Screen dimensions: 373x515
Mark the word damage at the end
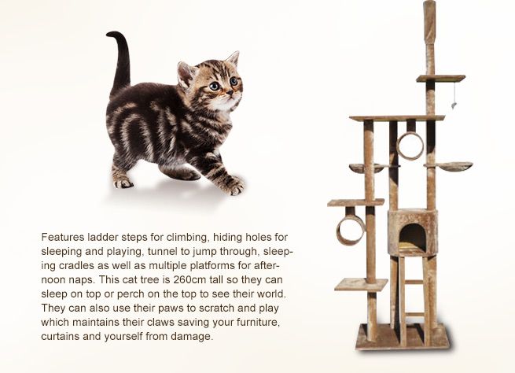click(193, 337)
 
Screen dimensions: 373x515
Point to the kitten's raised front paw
click(234, 187)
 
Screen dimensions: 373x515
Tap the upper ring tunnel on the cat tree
click(410, 146)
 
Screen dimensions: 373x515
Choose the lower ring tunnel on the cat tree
click(350, 230)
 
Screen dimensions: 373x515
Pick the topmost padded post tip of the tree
click(429, 10)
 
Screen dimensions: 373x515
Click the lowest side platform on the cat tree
click(358, 284)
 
